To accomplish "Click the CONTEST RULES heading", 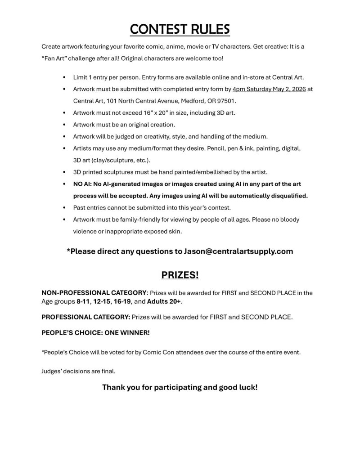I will (x=180, y=28).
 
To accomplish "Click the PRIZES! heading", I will (x=180, y=275).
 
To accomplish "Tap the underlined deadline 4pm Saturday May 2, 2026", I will (x=269, y=89).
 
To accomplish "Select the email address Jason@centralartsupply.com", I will (x=238, y=251).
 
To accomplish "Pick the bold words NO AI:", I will (x=83, y=184).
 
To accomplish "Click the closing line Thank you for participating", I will (x=180, y=387).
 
